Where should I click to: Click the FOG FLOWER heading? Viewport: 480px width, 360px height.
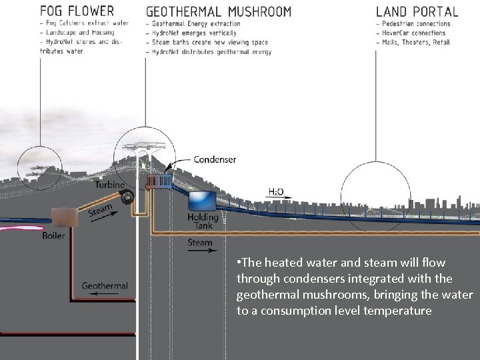77,11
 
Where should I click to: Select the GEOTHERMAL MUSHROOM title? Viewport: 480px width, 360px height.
218,11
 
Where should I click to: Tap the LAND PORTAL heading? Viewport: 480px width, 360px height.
417,11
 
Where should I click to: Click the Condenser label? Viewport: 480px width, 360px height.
214,159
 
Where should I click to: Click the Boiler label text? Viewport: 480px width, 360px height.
53,235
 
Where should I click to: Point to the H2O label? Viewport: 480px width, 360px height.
276,192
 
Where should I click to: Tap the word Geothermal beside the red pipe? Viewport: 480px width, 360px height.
105,286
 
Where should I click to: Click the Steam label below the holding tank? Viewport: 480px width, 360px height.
199,243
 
